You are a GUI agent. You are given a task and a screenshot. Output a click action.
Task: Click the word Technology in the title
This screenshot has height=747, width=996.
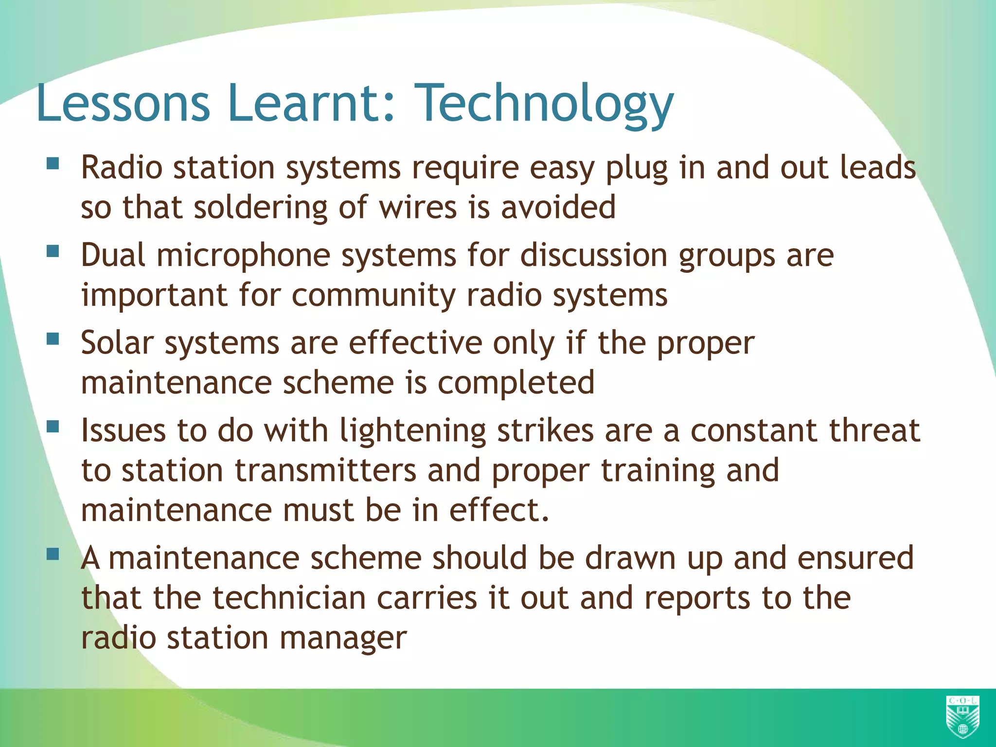click(x=546, y=103)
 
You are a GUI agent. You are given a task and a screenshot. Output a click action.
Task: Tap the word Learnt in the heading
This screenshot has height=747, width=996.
click(x=311, y=103)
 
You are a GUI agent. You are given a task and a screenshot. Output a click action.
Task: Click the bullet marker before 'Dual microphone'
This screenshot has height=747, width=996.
click(x=53, y=251)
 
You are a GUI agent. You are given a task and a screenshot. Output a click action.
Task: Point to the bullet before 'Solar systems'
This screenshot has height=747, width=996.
click(x=53, y=338)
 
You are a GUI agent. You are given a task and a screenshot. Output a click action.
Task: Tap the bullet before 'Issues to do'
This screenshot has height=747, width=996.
click(x=53, y=427)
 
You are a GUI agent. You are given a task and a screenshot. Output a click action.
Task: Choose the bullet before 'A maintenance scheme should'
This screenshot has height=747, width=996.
click(x=53, y=554)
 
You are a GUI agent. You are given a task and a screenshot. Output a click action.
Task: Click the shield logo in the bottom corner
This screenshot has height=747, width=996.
click(x=962, y=717)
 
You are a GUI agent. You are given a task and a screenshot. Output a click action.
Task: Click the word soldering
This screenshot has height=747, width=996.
click(x=261, y=208)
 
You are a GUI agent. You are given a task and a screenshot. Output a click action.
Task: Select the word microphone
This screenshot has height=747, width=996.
click(x=243, y=256)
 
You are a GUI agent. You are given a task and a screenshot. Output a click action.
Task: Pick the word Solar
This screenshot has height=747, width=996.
click(x=117, y=343)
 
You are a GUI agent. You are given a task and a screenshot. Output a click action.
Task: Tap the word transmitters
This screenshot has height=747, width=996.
click(x=326, y=471)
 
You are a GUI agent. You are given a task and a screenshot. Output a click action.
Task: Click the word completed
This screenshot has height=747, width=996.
click(x=516, y=383)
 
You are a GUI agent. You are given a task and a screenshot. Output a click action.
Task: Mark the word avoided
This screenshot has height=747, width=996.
click(x=558, y=208)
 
